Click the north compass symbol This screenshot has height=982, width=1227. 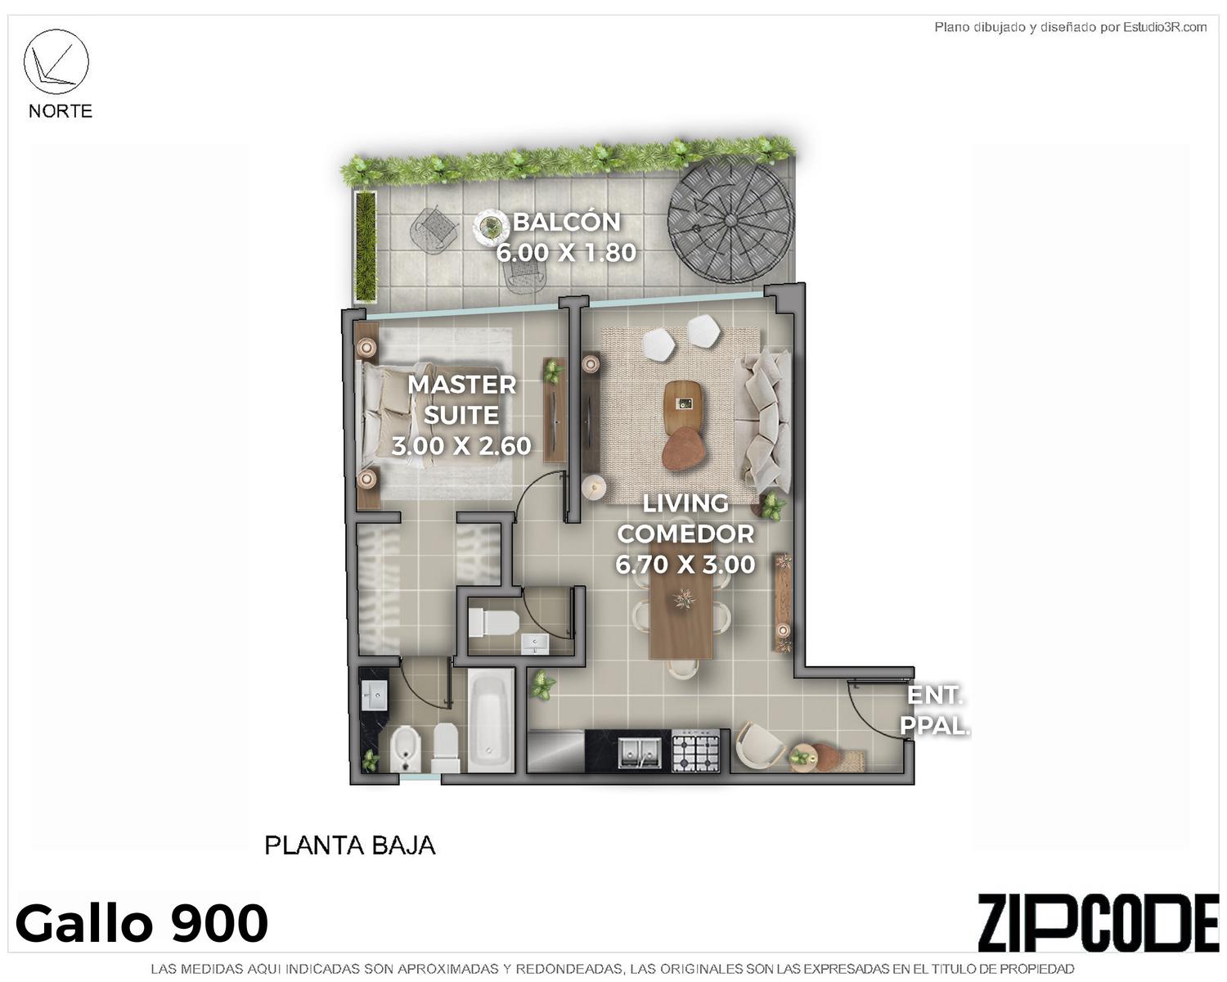56,61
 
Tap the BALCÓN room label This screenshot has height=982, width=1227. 566,222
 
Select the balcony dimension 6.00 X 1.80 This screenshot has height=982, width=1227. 565,252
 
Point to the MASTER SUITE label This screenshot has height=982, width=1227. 461,400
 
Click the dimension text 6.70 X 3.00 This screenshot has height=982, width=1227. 685,565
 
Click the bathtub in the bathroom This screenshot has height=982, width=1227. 490,720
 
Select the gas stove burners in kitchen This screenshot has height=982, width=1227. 695,752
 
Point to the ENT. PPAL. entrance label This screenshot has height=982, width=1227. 935,710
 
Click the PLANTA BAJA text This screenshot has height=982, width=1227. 350,845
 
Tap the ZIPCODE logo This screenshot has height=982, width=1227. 1098,922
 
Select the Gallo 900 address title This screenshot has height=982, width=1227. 142,924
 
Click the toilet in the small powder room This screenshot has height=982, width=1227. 493,623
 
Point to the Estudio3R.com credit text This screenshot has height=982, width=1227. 1165,27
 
